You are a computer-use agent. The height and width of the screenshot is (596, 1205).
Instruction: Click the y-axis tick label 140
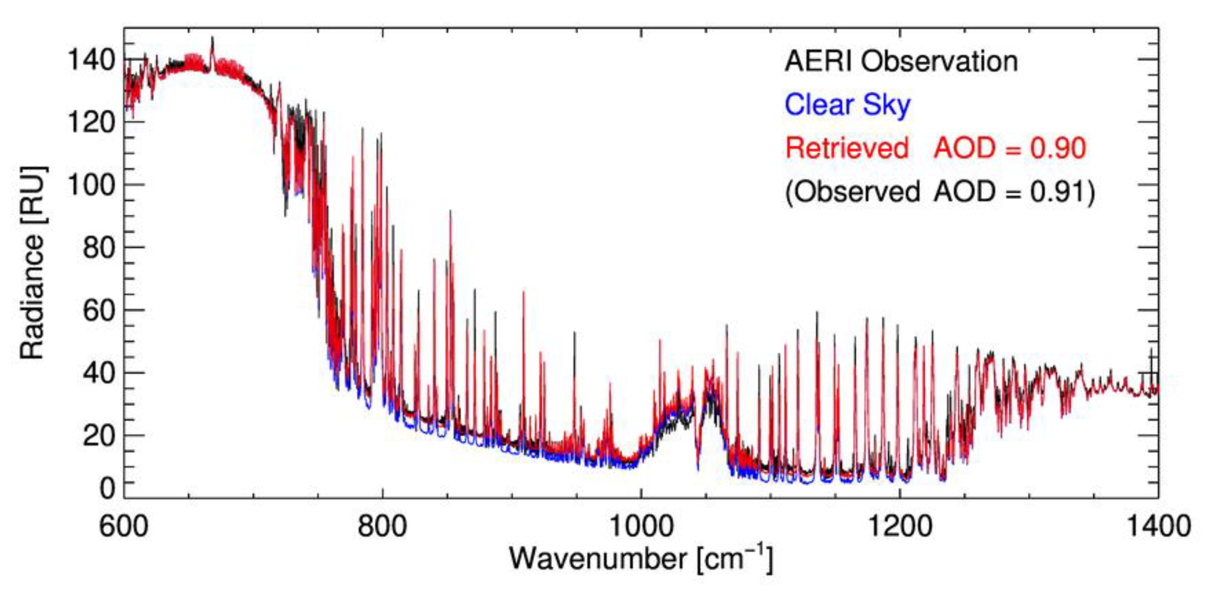tap(91, 60)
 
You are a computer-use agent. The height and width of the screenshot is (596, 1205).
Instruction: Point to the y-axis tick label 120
tap(91, 122)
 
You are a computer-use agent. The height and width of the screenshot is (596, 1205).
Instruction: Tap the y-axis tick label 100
tap(91, 185)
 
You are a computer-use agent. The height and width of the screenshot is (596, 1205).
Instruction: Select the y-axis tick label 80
tap(99, 248)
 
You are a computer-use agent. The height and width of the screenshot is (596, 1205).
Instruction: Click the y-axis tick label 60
tap(99, 310)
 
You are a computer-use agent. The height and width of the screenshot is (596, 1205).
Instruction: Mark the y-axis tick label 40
tap(99, 373)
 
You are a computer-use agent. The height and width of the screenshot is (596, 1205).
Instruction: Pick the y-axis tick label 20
tap(99, 436)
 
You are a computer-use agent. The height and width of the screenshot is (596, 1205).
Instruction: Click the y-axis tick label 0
tap(107, 489)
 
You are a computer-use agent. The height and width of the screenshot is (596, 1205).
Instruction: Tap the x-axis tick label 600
tap(124, 526)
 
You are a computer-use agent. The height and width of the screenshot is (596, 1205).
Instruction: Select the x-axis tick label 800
tap(382, 526)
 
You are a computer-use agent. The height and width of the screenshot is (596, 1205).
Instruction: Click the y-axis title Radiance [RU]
tap(33, 263)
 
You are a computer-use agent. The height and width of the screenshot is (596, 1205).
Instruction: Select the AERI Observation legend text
tap(901, 62)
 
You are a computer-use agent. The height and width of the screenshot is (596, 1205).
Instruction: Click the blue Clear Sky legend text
tap(848, 105)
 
